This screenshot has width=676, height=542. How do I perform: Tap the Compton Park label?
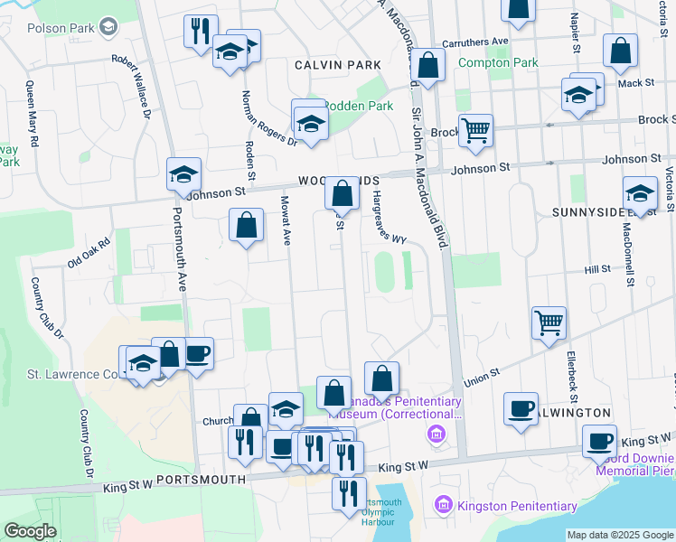498,62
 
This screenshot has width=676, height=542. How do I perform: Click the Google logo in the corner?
30,531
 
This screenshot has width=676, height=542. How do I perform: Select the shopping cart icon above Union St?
549,322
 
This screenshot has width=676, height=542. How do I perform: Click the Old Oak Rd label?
88,253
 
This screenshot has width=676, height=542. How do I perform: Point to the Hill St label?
597,269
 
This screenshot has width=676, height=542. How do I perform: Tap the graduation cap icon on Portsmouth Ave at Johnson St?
183,173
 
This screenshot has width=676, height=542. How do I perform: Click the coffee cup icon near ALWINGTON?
521,407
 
